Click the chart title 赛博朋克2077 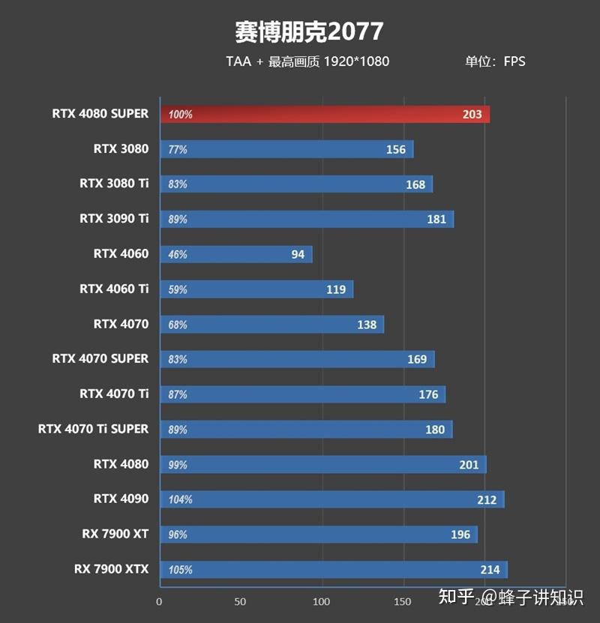tap(308, 32)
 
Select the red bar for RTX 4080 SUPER tap(325, 115)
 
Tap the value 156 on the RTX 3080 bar tap(396, 149)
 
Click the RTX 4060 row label tap(121, 253)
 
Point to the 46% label tap(178, 255)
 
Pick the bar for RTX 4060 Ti tap(256, 289)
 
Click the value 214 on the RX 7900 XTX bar tap(490, 570)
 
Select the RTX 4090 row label tap(121, 499)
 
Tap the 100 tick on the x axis tap(322, 601)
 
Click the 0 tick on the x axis tap(159, 601)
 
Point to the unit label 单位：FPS tap(494, 61)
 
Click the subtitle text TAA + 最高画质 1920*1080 tap(307, 61)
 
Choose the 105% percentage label tap(180, 570)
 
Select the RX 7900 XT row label tap(115, 534)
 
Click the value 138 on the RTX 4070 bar tap(367, 325)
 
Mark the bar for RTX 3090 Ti tap(306, 219)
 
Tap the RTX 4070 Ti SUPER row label tap(93, 429)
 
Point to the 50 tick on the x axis tap(240, 601)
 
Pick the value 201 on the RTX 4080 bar tap(469, 465)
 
